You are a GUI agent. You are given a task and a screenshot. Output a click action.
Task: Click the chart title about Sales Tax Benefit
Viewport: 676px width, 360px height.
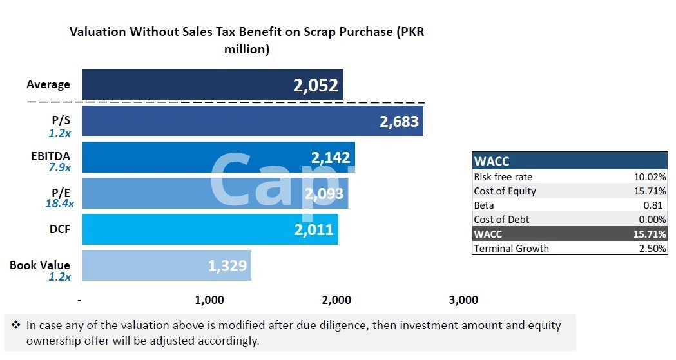pyautogui.click(x=247, y=40)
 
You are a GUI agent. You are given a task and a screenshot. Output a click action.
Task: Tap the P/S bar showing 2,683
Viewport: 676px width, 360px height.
pyautogui.click(x=252, y=121)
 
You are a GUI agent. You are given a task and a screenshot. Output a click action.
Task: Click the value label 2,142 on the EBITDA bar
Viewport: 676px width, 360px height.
pyautogui.click(x=330, y=158)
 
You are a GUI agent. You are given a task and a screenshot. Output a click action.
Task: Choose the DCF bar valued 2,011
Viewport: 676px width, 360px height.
pyautogui.click(x=209, y=229)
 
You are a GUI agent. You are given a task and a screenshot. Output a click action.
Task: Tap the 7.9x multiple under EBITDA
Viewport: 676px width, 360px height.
pyautogui.click(x=60, y=167)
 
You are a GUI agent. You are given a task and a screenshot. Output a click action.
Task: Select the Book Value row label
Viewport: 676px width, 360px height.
pyautogui.click(x=40, y=265)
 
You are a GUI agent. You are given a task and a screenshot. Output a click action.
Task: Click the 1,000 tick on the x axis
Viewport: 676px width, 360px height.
pyautogui.click(x=209, y=300)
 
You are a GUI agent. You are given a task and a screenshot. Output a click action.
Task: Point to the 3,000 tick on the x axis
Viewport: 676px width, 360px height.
pyautogui.click(x=463, y=300)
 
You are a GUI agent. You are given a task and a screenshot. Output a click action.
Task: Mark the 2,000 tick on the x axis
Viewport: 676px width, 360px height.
pyautogui.click(x=336, y=300)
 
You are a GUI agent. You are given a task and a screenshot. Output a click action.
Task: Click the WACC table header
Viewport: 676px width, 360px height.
pyautogui.click(x=570, y=162)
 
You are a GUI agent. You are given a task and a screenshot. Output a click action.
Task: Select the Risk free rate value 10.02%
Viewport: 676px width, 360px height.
pyautogui.click(x=651, y=177)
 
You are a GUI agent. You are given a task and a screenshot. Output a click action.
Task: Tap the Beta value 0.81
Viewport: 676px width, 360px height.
pyautogui.click(x=655, y=205)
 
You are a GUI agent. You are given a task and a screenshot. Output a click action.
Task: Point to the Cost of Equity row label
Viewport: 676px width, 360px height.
pyautogui.click(x=505, y=191)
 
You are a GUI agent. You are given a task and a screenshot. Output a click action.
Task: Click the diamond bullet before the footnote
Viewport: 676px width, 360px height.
pyautogui.click(x=16, y=325)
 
